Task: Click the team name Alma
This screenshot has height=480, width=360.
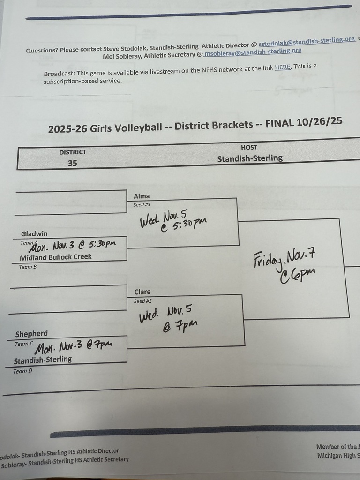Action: (x=142, y=196)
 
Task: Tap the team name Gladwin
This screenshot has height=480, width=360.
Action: (x=34, y=234)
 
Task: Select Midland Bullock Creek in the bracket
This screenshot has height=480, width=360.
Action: (x=55, y=257)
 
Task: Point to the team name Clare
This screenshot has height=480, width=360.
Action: (x=142, y=292)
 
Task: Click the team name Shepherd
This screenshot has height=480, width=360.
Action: (x=31, y=334)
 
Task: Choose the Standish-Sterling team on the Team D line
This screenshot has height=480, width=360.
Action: (x=43, y=360)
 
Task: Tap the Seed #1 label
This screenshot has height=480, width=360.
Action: (x=142, y=205)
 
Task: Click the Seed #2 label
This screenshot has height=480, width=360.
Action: (x=142, y=301)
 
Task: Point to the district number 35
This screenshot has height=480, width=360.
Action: (x=72, y=163)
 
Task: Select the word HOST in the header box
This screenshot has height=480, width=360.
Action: (x=249, y=147)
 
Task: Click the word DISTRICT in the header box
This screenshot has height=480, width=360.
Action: (x=73, y=152)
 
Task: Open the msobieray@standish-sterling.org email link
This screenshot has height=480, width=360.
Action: (x=252, y=52)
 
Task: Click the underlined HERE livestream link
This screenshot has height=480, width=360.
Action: (x=283, y=67)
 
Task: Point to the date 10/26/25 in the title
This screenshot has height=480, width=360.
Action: (x=319, y=121)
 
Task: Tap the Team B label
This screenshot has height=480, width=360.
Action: (x=28, y=267)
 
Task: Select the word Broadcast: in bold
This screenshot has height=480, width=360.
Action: (x=60, y=74)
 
